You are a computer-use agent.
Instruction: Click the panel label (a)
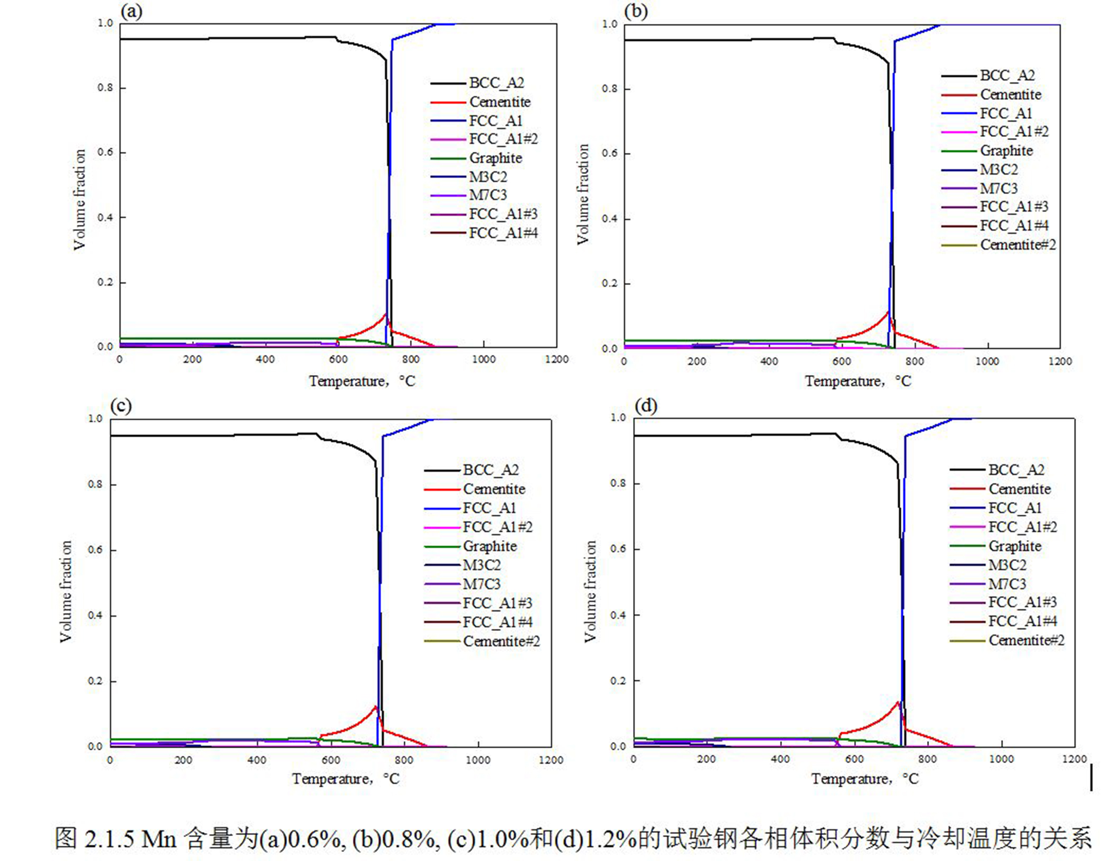coord(131,11)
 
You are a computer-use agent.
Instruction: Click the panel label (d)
coord(645,406)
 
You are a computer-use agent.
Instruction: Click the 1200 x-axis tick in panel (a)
coord(556,359)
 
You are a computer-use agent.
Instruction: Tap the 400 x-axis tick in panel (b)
coord(769,361)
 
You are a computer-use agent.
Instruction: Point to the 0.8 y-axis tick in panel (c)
coord(95,484)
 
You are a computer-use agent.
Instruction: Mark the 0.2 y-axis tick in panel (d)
coord(618,681)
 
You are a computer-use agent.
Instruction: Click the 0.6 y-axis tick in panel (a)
coord(105,153)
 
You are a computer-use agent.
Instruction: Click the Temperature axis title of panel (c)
coord(345,779)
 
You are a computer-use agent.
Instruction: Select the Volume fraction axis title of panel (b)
coord(583,194)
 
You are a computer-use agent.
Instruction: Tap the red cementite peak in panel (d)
coord(898,702)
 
